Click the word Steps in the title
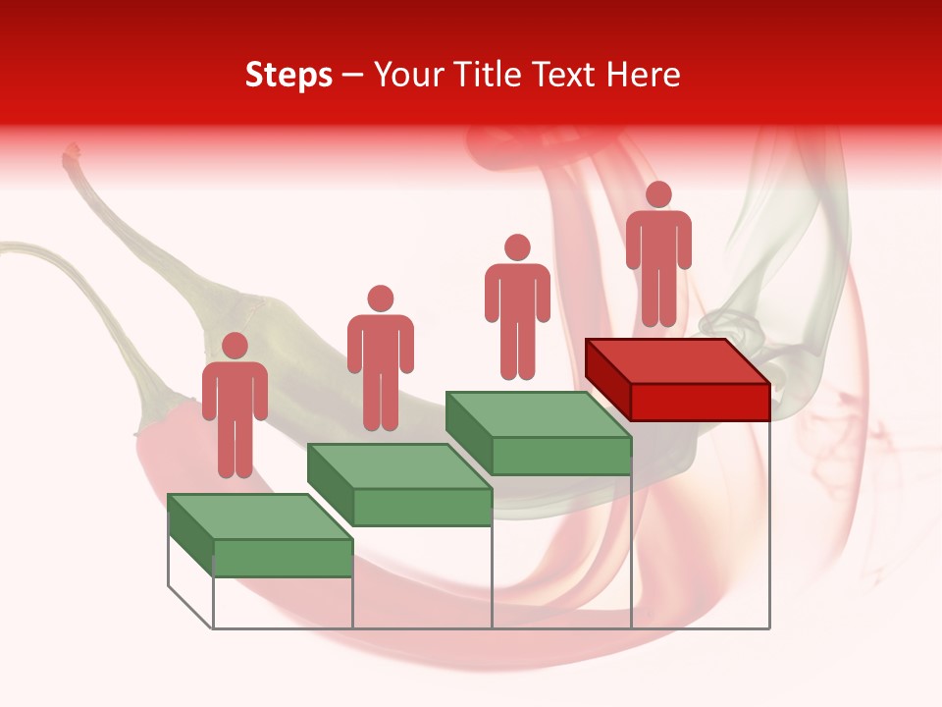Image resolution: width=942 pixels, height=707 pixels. [288, 76]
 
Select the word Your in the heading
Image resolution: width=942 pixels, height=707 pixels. [407, 76]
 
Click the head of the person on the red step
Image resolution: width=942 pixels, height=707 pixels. [658, 194]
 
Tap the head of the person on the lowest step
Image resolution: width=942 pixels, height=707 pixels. [235, 346]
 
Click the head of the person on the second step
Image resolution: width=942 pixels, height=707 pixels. [380, 299]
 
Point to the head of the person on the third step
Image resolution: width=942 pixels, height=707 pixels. [517, 247]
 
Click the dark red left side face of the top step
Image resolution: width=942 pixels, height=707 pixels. [607, 378]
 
